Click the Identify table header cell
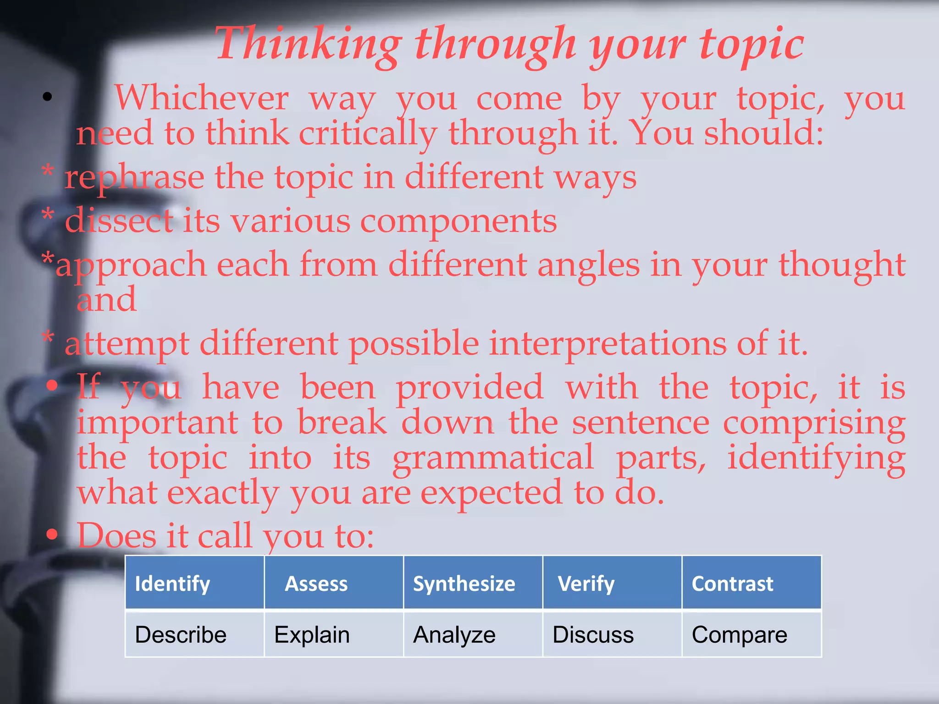pyautogui.click(x=195, y=583)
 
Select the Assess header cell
pyautogui.click(x=334, y=583)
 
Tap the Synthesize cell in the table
pyautogui.click(x=473, y=583)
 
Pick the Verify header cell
pyautogui.click(x=612, y=583)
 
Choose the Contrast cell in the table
pyautogui.click(x=751, y=583)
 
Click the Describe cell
pyautogui.click(x=195, y=634)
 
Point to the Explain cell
pyautogui.click(x=334, y=634)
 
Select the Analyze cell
pyautogui.click(x=473, y=634)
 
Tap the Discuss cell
pyautogui.click(x=612, y=634)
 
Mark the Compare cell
pyautogui.click(x=751, y=634)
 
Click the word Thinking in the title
pyautogui.click(x=308, y=45)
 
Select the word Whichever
pyautogui.click(x=201, y=98)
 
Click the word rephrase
pyautogui.click(x=134, y=178)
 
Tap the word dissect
pyautogui.click(x=119, y=221)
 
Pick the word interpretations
pyautogui.click(x=608, y=344)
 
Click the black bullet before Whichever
pyautogui.click(x=47, y=97)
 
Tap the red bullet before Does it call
pyautogui.click(x=52, y=534)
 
